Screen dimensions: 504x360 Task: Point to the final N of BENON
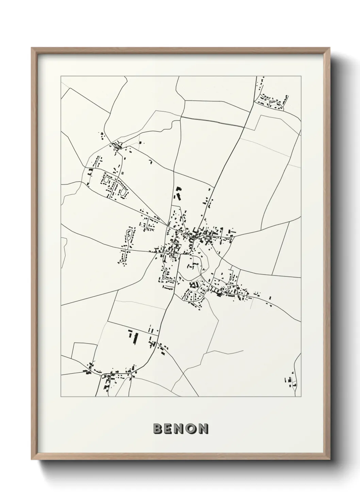pos(203,429)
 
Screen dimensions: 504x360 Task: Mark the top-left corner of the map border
pos(61,76)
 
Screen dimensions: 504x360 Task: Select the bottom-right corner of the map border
pos(301,396)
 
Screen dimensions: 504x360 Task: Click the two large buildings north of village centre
pos(177,193)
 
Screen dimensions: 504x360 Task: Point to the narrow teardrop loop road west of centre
pos(129,235)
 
